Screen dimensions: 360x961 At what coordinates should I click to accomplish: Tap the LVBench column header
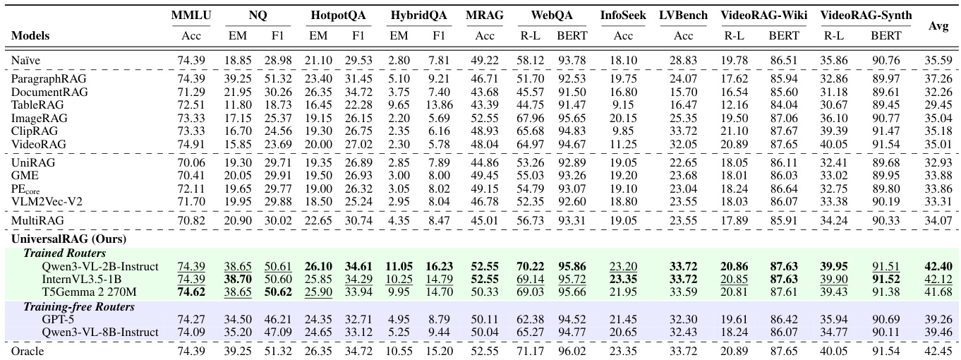click(682, 15)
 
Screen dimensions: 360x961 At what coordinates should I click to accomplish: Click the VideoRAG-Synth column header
click(866, 15)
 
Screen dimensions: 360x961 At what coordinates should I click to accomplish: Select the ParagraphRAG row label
click(43, 80)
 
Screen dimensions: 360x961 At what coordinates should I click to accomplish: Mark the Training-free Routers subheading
click(69, 307)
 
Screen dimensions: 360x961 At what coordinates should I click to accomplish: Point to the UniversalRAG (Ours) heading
click(58, 239)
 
